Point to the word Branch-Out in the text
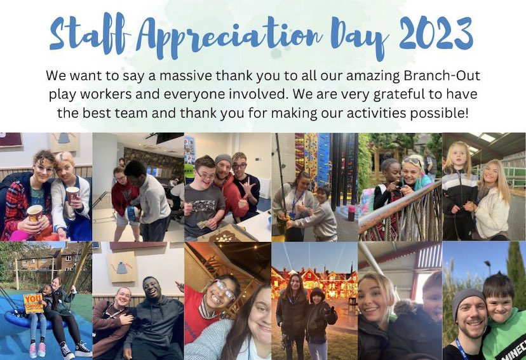440,76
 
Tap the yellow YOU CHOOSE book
33,302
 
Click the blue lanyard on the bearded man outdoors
462,349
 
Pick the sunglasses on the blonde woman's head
412,161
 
